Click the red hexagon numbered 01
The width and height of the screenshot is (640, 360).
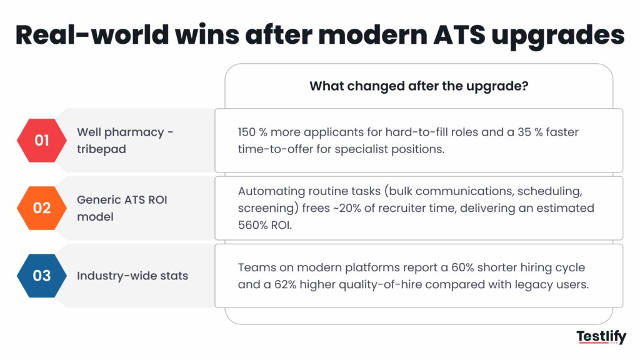[x=42, y=140]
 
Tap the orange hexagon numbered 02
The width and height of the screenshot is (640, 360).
[x=42, y=207]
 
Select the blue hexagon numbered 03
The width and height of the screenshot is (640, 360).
[x=42, y=275]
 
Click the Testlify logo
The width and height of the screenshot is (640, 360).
[x=601, y=338]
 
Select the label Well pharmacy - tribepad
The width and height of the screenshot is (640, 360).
[x=125, y=140]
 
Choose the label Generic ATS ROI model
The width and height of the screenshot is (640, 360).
[x=123, y=207]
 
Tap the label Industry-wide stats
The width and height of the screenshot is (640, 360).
[x=132, y=275]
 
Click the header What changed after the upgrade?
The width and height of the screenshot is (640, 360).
[x=419, y=86]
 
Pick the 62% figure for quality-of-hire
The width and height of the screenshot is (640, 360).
[x=284, y=283]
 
